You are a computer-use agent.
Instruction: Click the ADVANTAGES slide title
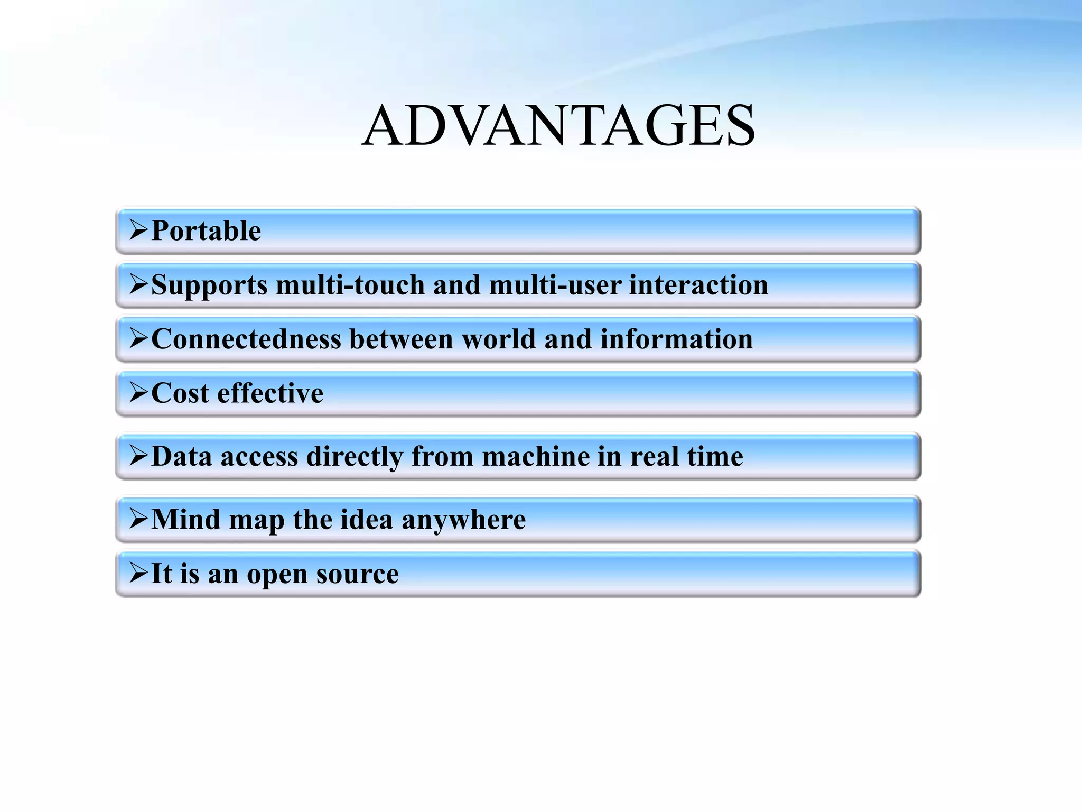tap(558, 126)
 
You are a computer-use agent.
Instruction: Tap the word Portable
tap(206, 231)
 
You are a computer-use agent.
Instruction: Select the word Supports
tap(209, 285)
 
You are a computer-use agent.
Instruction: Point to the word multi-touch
tap(350, 285)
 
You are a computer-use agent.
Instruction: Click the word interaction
tap(698, 285)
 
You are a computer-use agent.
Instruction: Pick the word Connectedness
tap(246, 339)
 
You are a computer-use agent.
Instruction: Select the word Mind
tap(185, 519)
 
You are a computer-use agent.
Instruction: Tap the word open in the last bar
tap(277, 574)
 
